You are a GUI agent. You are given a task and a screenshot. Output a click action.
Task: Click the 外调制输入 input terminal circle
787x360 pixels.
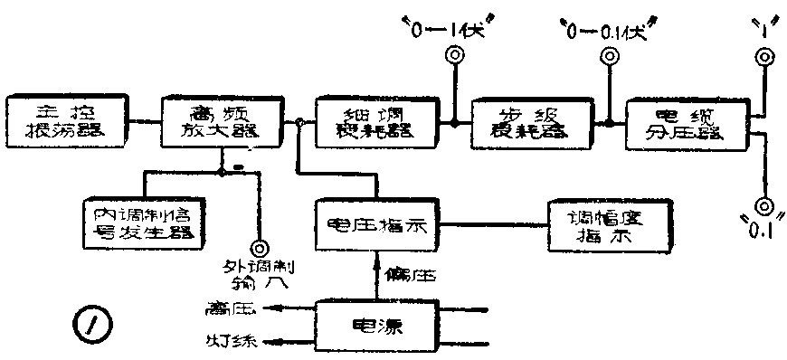[261, 246]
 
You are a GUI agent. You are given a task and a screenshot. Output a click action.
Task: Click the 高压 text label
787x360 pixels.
[232, 308]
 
